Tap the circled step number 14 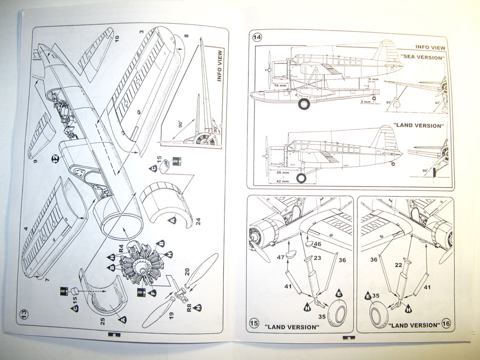click(257, 37)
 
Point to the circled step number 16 click(446, 323)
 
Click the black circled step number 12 click(55, 158)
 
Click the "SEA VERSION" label click(422, 57)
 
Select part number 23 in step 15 click(317, 257)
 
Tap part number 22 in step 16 click(399, 265)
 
